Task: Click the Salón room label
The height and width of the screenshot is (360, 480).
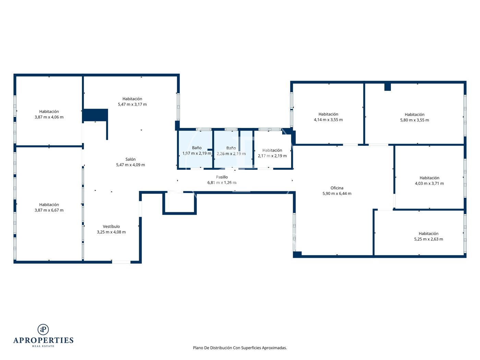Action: pos(130,159)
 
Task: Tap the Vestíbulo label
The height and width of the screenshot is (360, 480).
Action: pos(111,226)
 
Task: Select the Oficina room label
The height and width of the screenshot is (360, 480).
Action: pos(337,188)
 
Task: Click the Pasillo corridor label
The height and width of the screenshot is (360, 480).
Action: pos(222,177)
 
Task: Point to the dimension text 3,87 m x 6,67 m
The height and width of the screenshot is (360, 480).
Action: pos(49,210)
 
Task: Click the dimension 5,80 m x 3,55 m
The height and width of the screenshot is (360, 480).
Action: pos(415,120)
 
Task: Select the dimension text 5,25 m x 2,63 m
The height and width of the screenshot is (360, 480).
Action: pos(428,239)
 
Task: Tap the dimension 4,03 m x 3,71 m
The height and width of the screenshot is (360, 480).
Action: pos(429,184)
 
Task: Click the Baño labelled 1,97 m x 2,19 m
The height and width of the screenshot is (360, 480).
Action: pos(196,148)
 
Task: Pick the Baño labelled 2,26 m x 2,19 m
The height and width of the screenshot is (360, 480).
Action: pos(231,148)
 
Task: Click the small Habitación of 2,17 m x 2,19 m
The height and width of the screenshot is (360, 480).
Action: pos(272,151)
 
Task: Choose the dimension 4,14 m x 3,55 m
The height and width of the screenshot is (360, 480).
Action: pos(328,120)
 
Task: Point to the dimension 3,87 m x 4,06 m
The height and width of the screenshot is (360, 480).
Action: pos(49,117)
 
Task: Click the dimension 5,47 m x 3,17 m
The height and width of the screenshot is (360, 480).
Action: pos(132,105)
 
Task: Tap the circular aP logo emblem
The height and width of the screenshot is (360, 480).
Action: pos(43,329)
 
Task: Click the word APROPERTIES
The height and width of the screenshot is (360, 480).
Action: pos(43,340)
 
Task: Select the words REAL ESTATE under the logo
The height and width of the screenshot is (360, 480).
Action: pos(43,346)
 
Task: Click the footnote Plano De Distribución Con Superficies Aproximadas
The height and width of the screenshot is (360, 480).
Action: pos(240,348)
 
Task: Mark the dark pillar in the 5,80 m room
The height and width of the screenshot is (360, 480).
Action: pos(387,87)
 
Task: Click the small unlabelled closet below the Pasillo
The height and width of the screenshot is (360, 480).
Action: pos(179,203)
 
